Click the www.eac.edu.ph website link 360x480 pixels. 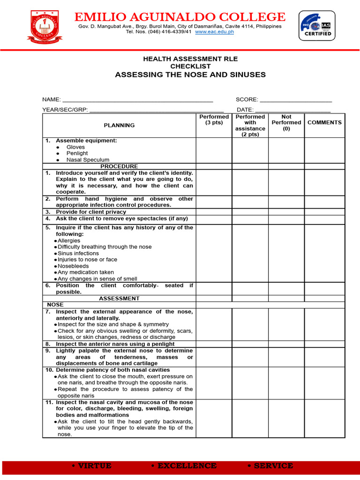coord(214,32)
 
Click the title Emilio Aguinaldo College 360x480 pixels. coord(180,17)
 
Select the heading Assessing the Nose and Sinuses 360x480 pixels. coord(190,75)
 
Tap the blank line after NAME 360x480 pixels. coord(138,99)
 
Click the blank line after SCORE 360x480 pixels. coord(296,99)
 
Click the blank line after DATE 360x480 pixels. coord(292,109)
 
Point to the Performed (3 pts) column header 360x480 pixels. coord(214,120)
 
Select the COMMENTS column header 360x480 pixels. coord(324,122)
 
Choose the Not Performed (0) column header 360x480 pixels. coord(286,122)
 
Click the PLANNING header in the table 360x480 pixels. coord(119,125)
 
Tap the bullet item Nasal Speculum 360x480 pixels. coord(88,160)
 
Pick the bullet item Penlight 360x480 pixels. coord(77,153)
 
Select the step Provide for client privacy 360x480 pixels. coord(90,212)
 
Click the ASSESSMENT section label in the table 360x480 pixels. coord(119,298)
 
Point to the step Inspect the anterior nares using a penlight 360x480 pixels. coord(115,344)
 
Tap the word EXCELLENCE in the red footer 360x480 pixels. coord(187,465)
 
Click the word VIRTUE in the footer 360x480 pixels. coord(94,465)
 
